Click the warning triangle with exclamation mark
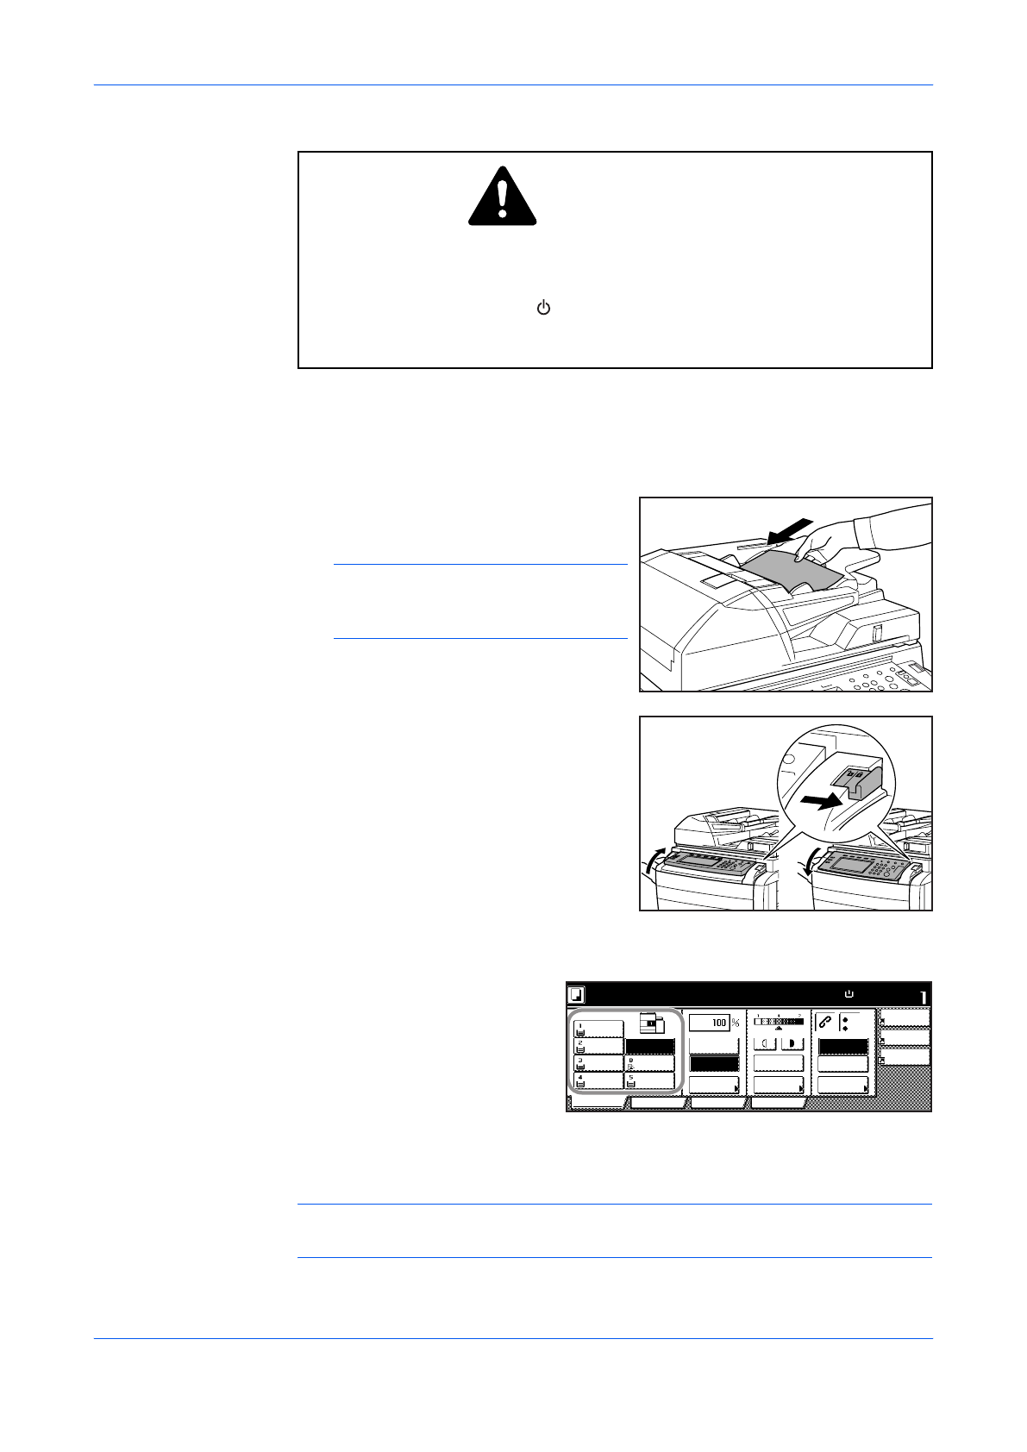point(502,197)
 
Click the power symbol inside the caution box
point(543,308)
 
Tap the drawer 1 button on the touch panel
point(598,1030)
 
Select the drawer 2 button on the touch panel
point(598,1047)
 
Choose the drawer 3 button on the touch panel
point(598,1064)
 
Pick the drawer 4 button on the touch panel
point(598,1081)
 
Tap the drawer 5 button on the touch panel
point(649,1081)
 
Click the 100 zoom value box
point(710,1023)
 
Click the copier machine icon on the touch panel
point(653,1024)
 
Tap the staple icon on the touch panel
point(825,1023)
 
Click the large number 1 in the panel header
point(922,998)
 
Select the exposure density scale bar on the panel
point(779,1022)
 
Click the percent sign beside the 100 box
point(736,1023)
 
